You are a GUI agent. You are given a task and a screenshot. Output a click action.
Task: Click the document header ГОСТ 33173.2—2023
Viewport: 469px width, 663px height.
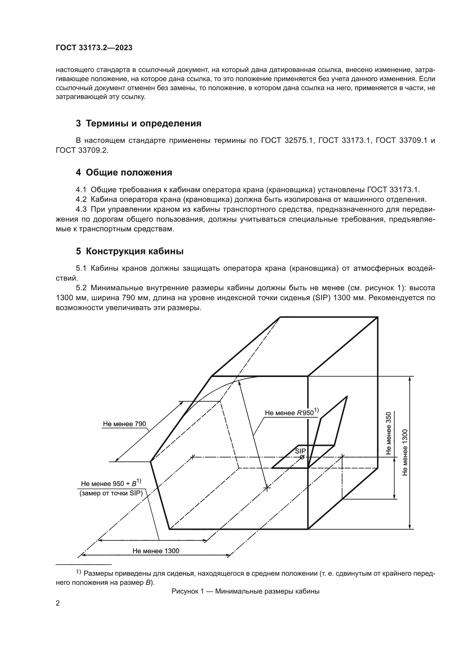(94, 48)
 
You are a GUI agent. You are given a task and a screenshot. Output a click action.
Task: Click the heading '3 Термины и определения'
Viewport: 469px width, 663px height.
(138, 124)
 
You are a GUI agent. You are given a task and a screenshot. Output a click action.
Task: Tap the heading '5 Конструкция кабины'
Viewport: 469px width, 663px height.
(129, 251)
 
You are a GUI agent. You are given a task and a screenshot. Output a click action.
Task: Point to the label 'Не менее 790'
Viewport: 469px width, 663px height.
(124, 424)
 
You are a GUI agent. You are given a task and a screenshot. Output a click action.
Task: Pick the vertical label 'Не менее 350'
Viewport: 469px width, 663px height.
(389, 433)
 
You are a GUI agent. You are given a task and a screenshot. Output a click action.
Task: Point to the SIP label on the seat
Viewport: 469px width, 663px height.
(300, 451)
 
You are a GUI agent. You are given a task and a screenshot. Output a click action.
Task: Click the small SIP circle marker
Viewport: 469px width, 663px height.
(302, 457)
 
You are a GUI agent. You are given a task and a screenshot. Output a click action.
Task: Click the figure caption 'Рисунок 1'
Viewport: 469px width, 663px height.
(245, 591)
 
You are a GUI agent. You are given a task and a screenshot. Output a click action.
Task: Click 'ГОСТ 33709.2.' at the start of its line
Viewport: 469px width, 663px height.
(82, 151)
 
